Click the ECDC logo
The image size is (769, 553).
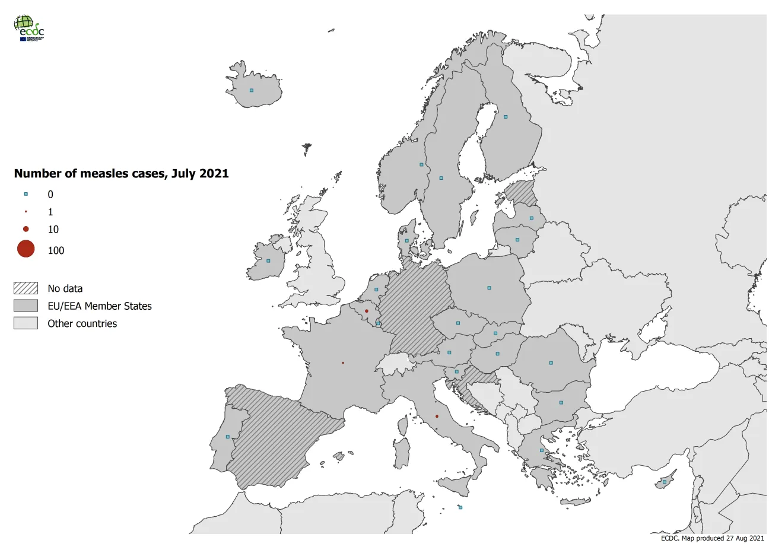(x=28, y=28)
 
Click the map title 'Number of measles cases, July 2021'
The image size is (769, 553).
(x=121, y=174)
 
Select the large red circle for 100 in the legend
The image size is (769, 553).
(x=26, y=249)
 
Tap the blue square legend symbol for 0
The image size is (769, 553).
(x=26, y=194)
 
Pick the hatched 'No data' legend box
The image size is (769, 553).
(x=26, y=288)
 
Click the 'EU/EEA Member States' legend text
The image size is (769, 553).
(x=100, y=306)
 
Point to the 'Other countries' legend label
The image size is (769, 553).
(x=82, y=323)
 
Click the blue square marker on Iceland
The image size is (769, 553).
(x=252, y=90)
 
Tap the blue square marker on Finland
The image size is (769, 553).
(x=506, y=117)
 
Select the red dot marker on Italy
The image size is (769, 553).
(x=437, y=417)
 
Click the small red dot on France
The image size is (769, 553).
(x=343, y=363)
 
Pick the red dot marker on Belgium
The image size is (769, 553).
(x=366, y=311)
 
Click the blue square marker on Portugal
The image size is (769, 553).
(x=228, y=437)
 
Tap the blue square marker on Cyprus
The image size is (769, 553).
(x=665, y=482)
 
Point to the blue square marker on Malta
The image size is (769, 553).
(x=460, y=507)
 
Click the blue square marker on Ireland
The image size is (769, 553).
(x=268, y=260)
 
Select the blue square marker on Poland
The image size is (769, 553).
(x=489, y=288)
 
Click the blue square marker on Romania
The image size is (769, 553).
(x=551, y=363)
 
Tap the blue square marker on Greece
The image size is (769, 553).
(x=541, y=450)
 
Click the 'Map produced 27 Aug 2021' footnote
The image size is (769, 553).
(x=712, y=538)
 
